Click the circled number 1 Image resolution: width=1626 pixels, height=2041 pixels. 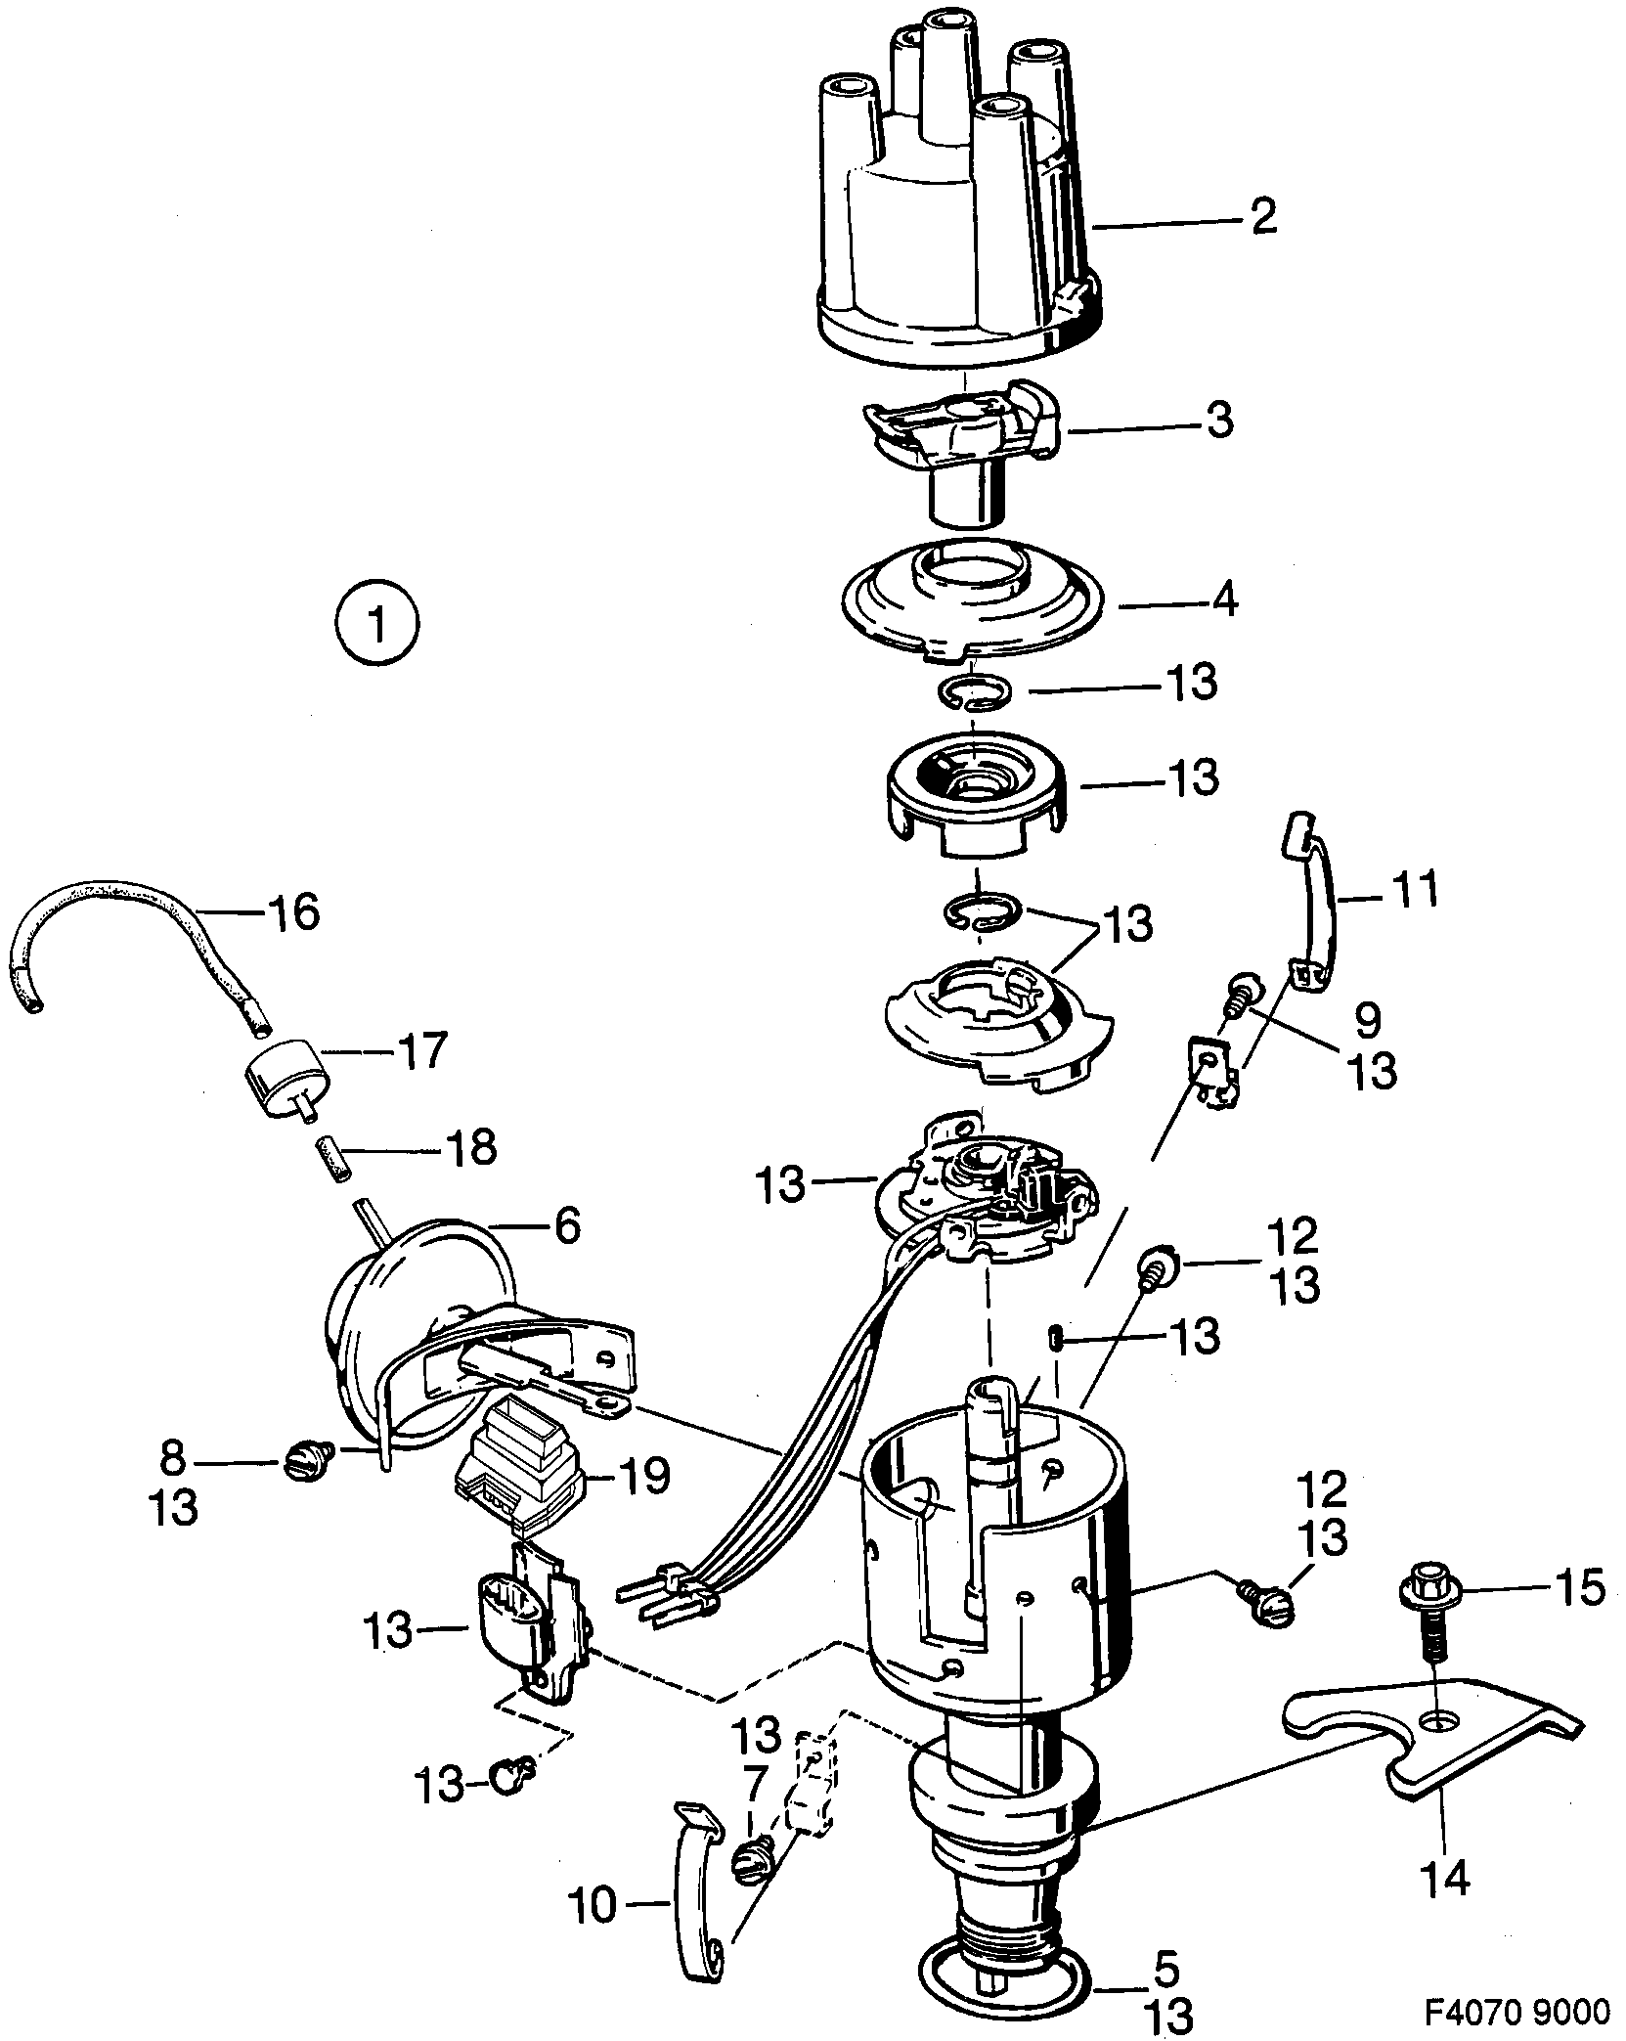point(375,623)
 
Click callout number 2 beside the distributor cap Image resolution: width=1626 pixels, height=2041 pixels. point(1262,217)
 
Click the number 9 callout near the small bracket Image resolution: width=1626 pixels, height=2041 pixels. point(1367,1020)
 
